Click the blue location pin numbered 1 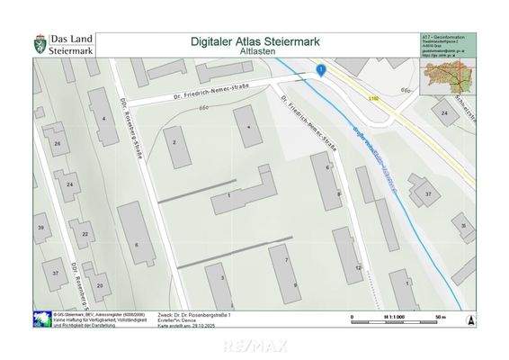point(320,69)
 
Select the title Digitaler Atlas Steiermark point(255,40)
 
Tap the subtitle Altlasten point(255,53)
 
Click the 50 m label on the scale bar point(440,317)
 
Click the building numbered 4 point(105,121)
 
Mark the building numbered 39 point(40,229)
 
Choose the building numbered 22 point(83,234)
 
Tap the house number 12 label point(359,267)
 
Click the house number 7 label point(286,259)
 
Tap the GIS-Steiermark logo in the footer point(40,319)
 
